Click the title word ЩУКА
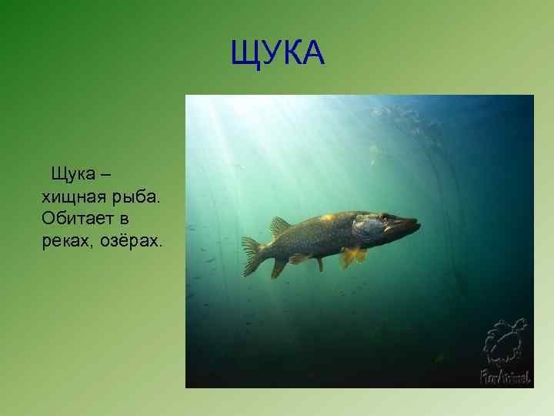pyautogui.click(x=278, y=54)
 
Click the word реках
pyautogui.click(x=69, y=241)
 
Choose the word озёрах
pyautogui.click(x=133, y=241)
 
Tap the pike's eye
pyautogui.click(x=384, y=218)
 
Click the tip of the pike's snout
pyautogui.click(x=419, y=224)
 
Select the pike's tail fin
pyautogui.click(x=252, y=255)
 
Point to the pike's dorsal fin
pyautogui.click(x=279, y=226)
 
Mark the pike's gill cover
pyautogui.click(x=365, y=230)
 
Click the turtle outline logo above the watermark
pyautogui.click(x=506, y=341)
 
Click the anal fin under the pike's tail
pyautogui.click(x=279, y=266)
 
